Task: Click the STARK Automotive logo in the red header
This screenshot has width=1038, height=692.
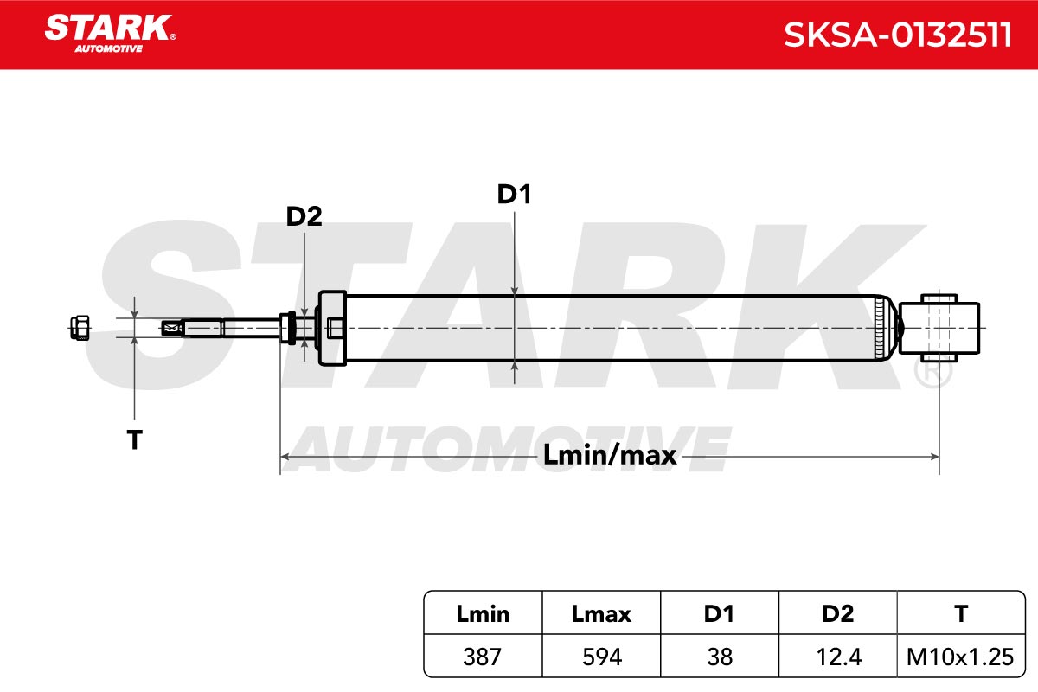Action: click(111, 34)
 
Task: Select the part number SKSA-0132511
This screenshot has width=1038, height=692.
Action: click(898, 35)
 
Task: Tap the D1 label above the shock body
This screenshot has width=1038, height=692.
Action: click(514, 195)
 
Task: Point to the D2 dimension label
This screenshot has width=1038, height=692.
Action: click(304, 216)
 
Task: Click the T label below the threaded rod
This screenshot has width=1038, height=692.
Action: click(134, 439)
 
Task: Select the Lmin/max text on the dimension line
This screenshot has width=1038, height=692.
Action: click(609, 455)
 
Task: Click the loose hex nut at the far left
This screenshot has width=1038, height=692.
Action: click(80, 328)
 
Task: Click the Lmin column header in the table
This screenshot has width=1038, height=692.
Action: click(483, 613)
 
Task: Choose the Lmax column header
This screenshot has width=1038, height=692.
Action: click(601, 613)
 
